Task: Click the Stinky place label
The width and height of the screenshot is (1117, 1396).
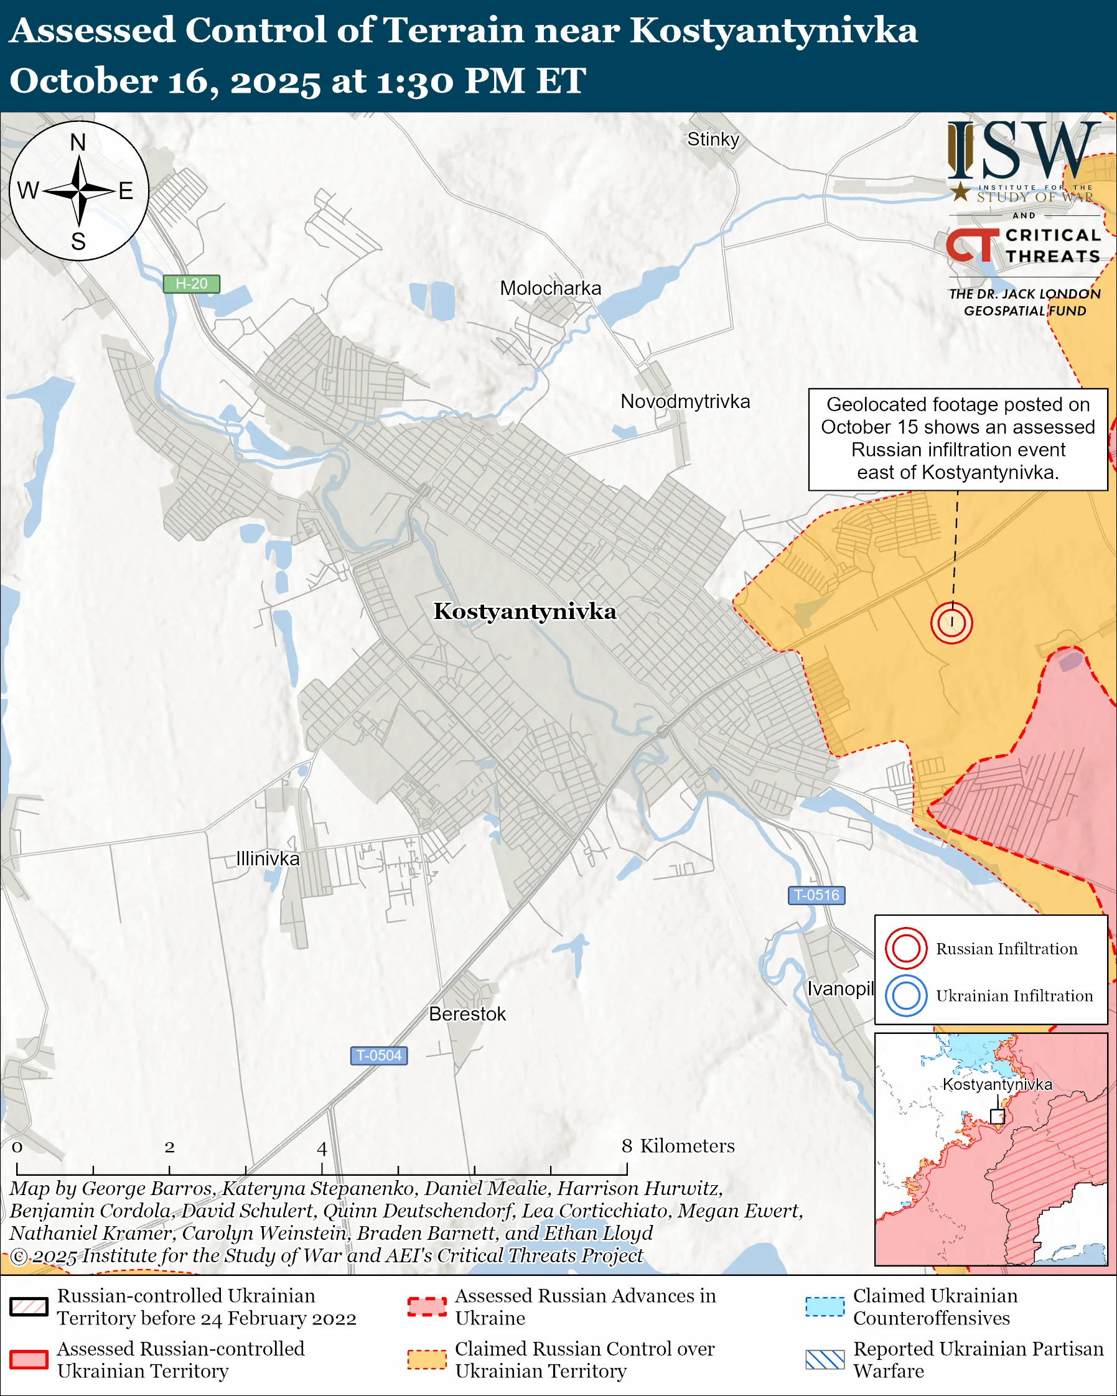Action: (713, 139)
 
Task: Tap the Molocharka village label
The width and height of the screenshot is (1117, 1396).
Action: (550, 288)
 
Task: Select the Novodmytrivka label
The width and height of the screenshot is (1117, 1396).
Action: (685, 401)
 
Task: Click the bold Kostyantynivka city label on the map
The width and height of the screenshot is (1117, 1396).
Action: (525, 612)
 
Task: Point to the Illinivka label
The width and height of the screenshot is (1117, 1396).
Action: (268, 859)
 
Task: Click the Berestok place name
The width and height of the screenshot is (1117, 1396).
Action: (467, 1014)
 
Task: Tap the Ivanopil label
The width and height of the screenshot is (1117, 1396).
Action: (840, 989)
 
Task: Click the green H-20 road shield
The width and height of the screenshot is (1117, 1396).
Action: (191, 284)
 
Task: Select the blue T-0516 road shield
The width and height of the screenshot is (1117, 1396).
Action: (816, 895)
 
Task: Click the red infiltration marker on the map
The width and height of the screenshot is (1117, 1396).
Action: (951, 622)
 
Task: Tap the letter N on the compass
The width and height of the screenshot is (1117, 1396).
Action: (78, 142)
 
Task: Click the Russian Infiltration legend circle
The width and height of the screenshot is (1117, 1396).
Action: (906, 949)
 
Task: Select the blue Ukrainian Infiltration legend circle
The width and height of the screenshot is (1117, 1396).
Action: (906, 995)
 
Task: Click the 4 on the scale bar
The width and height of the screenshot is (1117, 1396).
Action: (322, 1149)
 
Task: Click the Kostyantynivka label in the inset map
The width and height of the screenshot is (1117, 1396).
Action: (996, 1084)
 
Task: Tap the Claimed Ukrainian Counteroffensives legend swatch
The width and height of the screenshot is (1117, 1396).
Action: (825, 1306)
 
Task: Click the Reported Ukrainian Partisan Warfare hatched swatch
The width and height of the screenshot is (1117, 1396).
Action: (825, 1360)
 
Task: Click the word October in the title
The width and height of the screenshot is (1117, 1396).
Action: (83, 81)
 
